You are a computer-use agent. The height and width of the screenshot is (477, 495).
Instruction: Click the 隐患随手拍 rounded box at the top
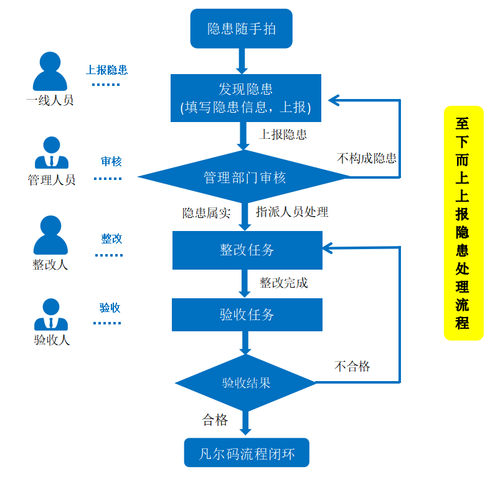coord(241,29)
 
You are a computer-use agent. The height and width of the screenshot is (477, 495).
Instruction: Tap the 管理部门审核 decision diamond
coord(244,177)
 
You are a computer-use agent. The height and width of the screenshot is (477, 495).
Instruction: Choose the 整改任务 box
coord(247,250)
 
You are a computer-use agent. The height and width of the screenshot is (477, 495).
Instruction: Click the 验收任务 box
coord(247,314)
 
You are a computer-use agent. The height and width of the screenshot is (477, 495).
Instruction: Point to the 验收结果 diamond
coord(246,382)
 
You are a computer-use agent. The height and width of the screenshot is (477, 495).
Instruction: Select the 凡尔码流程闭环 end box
coord(246,453)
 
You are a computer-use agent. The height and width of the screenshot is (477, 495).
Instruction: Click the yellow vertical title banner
coord(463,223)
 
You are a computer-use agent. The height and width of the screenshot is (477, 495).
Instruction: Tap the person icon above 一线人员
coord(50,72)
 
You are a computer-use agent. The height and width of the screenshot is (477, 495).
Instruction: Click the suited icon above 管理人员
coord(51,153)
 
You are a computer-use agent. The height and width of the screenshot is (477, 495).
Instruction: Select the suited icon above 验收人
coord(51,315)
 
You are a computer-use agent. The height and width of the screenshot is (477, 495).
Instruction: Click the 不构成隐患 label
coord(367,158)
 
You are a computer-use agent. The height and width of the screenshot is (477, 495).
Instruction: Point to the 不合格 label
coord(352,366)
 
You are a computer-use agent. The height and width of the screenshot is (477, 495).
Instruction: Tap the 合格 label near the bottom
coord(215,420)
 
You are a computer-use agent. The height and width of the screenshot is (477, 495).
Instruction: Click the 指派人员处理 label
coord(291,212)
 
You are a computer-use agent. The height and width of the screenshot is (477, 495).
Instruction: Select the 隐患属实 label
coord(206,213)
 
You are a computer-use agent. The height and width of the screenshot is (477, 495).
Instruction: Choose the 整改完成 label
coord(283,283)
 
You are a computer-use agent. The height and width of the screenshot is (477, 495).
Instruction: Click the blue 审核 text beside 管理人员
coord(111,162)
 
